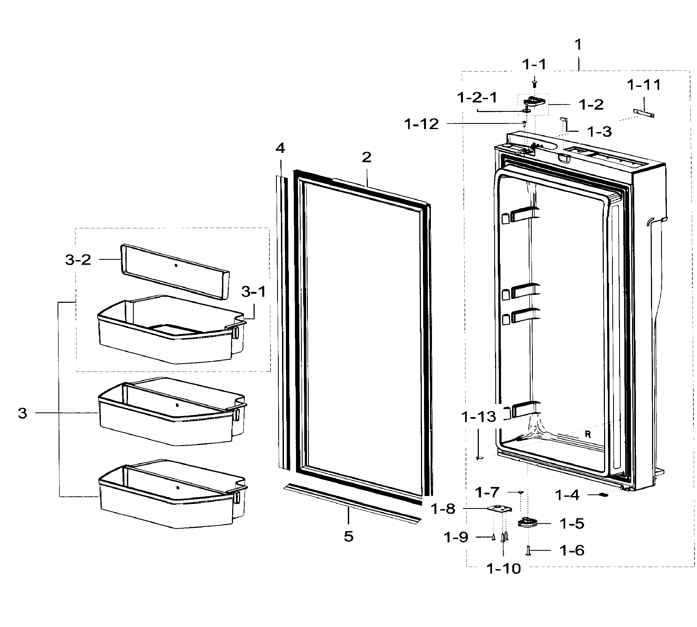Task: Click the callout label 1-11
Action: click(x=644, y=85)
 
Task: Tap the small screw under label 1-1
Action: click(x=534, y=83)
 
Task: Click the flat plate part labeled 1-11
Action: click(x=644, y=113)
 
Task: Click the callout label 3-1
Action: click(x=254, y=292)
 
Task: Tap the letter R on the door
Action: click(x=588, y=434)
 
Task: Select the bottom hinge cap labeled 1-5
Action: click(x=527, y=522)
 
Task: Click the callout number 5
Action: click(x=348, y=536)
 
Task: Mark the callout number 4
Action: click(x=280, y=148)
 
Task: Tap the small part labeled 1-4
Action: click(x=604, y=495)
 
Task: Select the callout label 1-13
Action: click(x=479, y=417)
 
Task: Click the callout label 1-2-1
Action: click(x=477, y=98)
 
